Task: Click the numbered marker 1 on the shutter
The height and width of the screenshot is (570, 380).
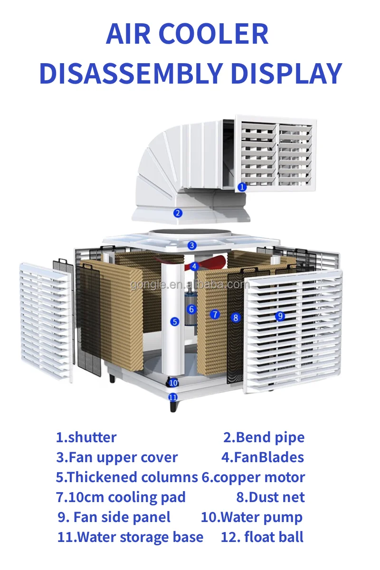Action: [x=242, y=187]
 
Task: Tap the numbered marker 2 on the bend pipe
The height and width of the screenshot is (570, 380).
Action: [x=178, y=213]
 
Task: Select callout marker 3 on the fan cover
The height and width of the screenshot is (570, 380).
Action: [x=192, y=246]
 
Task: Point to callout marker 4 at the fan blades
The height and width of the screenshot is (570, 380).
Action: [x=194, y=266]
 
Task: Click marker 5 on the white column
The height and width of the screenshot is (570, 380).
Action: [x=175, y=322]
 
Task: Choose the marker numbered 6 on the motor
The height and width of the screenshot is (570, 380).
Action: [x=191, y=309]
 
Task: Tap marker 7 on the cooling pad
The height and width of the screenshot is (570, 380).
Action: [x=215, y=314]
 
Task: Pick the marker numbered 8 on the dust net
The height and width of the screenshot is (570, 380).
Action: [x=236, y=318]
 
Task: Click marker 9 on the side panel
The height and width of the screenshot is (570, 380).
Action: [x=280, y=315]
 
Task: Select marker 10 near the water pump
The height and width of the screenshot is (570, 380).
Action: [x=173, y=382]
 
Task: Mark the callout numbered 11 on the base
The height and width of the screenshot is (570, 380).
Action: [x=173, y=397]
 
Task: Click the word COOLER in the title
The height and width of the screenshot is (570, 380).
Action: [x=213, y=35]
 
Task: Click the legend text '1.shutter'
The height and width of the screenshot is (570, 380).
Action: [x=86, y=437]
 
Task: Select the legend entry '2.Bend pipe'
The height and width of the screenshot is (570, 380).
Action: [x=264, y=437]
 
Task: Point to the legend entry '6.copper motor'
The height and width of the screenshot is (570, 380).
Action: [x=253, y=477]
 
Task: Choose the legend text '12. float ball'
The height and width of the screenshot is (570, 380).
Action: [x=262, y=537]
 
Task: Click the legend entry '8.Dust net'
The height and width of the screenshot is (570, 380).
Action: [x=270, y=497]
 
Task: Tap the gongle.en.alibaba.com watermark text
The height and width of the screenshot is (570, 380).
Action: [x=190, y=285]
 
